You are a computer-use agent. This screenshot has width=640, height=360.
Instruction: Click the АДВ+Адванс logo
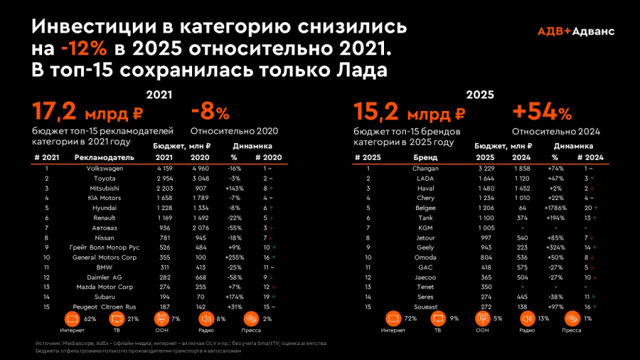[x=576, y=31]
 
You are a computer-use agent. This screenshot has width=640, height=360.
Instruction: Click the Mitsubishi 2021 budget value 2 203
[x=164, y=188]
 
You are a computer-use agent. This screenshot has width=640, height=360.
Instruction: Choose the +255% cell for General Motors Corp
[x=234, y=257]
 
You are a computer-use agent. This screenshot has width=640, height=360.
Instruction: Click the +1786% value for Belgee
[x=555, y=208]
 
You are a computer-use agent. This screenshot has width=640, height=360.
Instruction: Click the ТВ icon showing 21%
[x=118, y=318]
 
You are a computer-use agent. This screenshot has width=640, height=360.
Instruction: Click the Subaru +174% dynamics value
[x=234, y=296]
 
